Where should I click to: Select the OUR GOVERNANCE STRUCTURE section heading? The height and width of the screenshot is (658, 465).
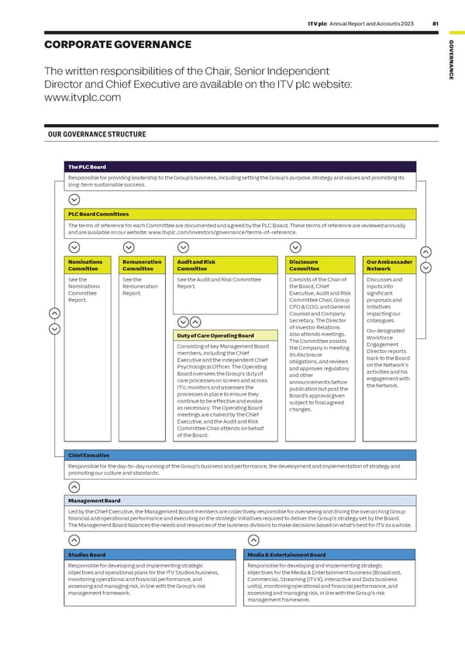click(x=97, y=134)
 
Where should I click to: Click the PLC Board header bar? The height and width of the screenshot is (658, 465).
click(x=241, y=167)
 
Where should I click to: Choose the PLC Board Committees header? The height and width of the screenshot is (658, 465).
click(x=241, y=213)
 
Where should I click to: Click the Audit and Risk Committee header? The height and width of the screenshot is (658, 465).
click(x=225, y=265)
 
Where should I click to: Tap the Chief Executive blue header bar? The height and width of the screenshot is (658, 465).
click(x=241, y=455)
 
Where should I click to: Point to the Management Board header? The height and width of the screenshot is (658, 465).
click(x=241, y=501)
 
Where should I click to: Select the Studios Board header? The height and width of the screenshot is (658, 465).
click(x=150, y=555)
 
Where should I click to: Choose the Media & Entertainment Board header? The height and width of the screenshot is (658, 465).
click(x=329, y=555)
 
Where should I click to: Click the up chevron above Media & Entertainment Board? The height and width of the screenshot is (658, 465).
click(x=253, y=540)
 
